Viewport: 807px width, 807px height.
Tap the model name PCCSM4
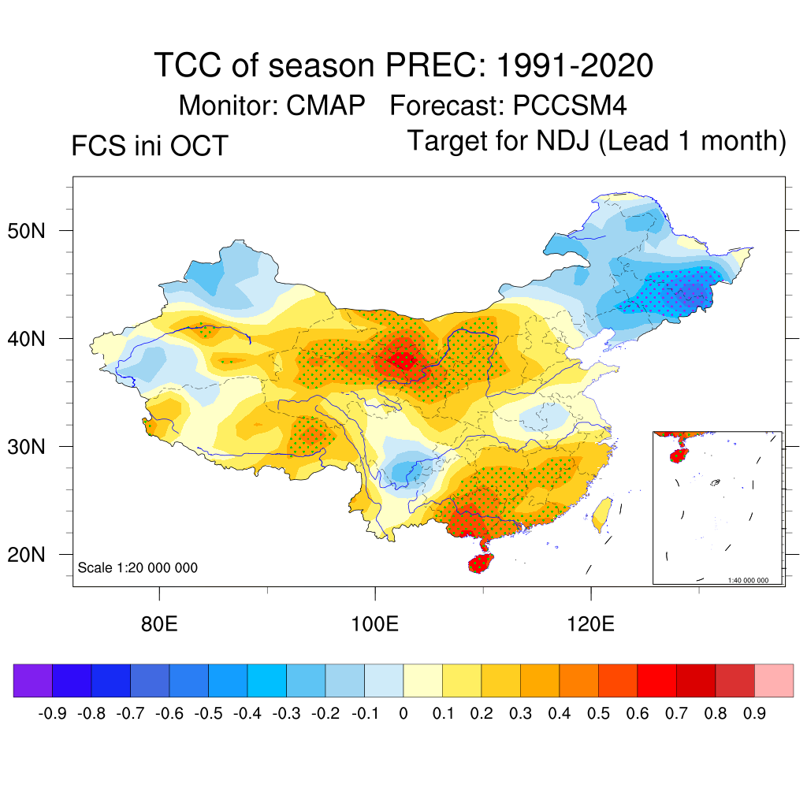569,105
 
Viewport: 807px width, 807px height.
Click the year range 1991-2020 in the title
575,65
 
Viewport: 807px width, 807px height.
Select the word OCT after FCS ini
201,147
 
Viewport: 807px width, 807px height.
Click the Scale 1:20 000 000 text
138,568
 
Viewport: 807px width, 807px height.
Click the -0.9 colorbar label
52,714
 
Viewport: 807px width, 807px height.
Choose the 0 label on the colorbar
403,714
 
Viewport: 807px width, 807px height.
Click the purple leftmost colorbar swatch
33,681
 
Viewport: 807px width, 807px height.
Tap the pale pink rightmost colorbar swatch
774,681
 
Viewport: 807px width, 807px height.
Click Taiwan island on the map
601,513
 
